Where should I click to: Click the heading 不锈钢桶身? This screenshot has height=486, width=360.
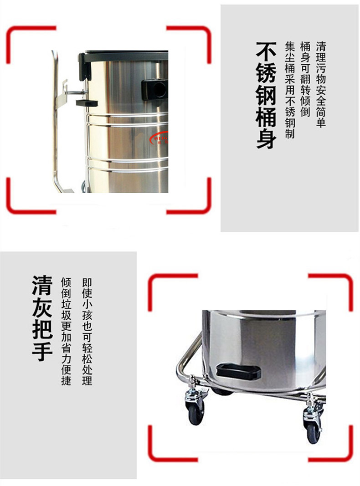click(267, 95)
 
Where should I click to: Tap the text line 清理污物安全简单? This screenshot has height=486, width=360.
click(321, 84)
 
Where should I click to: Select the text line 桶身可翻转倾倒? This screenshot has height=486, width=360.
click(305, 79)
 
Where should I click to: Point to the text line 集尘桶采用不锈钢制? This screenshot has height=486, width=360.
click(290, 90)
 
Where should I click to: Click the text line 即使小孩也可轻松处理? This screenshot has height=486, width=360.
click(87, 331)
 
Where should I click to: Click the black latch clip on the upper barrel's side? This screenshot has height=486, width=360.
click(87, 102)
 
